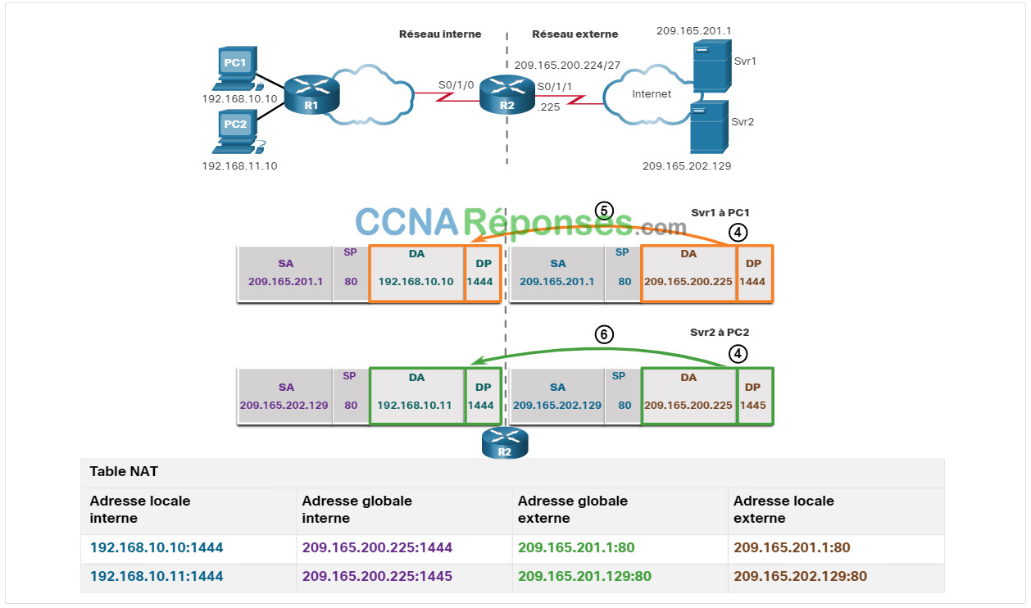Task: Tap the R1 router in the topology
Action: (311, 94)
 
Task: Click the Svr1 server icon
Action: (712, 66)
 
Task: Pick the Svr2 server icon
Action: (709, 127)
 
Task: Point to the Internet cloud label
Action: (652, 94)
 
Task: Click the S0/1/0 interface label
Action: (456, 85)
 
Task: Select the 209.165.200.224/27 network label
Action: (567, 66)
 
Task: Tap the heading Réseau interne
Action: (440, 34)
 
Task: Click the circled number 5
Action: (604, 211)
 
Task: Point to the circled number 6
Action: (604, 334)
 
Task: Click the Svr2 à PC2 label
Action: (720, 333)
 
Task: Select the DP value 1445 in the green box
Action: (753, 406)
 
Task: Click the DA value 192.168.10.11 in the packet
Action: (414, 406)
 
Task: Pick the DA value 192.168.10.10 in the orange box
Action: (416, 282)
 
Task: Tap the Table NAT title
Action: (124, 471)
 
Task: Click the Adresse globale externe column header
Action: (573, 510)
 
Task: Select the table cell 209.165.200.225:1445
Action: (377, 576)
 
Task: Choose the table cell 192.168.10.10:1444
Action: (157, 547)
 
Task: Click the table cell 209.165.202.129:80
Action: (800, 576)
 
